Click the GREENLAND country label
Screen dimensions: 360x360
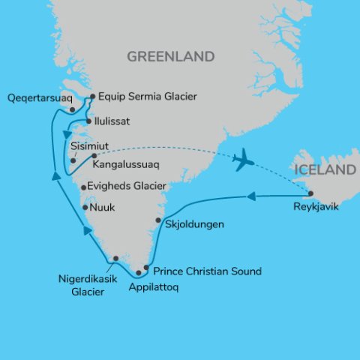171,57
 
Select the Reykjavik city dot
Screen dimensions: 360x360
310,193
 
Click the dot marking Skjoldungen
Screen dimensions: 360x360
158,220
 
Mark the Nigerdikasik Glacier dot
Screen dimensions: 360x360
115,259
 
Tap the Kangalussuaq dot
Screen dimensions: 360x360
94,156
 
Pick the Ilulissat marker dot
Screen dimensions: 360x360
88,121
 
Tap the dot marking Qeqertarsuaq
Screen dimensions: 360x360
70,109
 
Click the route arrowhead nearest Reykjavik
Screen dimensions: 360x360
251,197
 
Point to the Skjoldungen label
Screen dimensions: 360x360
191,224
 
